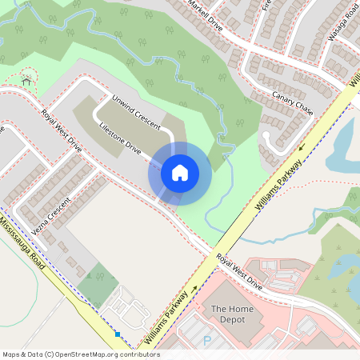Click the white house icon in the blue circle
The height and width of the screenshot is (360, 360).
[x=180, y=173]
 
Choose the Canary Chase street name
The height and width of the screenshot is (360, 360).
[x=292, y=103]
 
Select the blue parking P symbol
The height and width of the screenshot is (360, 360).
[x=208, y=341]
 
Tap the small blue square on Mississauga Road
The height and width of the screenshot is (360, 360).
[x=118, y=334]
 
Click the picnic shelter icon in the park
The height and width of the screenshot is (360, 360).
[x=28, y=79]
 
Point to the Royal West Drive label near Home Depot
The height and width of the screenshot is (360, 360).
[x=239, y=272]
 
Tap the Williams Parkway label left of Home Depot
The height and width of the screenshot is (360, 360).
[x=168, y=318]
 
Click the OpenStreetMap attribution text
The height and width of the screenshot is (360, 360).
[x=80, y=354]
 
